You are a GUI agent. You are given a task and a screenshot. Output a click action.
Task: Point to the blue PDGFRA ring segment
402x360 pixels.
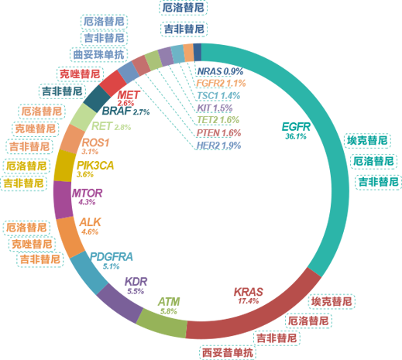(88, 273)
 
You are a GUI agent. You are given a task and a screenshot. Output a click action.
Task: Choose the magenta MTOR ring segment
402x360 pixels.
(63, 200)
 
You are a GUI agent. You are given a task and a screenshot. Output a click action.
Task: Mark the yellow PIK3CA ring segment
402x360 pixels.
(64, 166)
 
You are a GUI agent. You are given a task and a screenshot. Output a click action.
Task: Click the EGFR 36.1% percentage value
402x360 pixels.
(296, 136)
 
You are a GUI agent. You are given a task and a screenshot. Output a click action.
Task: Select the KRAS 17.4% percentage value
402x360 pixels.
(248, 301)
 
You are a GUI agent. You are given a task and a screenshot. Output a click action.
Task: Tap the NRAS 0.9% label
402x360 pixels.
(220, 71)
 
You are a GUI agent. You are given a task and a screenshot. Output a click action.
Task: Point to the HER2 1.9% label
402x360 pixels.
(218, 146)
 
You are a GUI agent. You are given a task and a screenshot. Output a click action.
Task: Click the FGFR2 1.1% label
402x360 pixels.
(221, 83)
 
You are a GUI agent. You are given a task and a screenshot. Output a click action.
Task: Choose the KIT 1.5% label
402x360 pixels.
(215, 108)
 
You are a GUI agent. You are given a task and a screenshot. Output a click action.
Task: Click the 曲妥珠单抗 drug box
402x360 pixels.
(98, 55)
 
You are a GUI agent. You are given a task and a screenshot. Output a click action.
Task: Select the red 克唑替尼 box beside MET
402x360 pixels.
(80, 74)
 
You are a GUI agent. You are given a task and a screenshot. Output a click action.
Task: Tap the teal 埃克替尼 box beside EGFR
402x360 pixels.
(367, 141)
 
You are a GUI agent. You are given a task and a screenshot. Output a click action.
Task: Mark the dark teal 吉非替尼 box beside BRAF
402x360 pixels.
(62, 91)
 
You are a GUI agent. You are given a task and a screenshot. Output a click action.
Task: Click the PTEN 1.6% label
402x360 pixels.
(218, 133)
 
